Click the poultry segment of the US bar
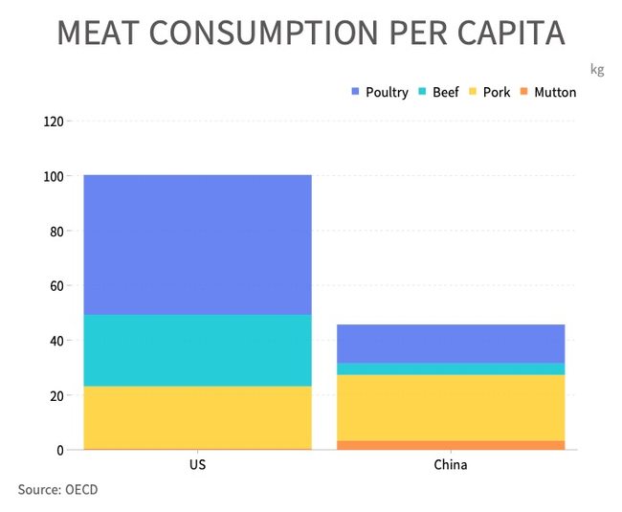197,245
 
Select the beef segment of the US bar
197,350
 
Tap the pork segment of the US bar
197,416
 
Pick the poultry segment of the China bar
450,344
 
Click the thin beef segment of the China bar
450,368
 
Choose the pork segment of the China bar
450,407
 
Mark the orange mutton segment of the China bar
450,445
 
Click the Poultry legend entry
381,93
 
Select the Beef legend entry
439,93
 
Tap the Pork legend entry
490,93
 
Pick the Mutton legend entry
548,93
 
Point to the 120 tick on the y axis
53,122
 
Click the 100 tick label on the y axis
53,177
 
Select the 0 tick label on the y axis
59,450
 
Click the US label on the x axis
197,466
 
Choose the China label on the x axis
451,466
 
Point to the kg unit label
597,69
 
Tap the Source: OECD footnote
57,490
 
